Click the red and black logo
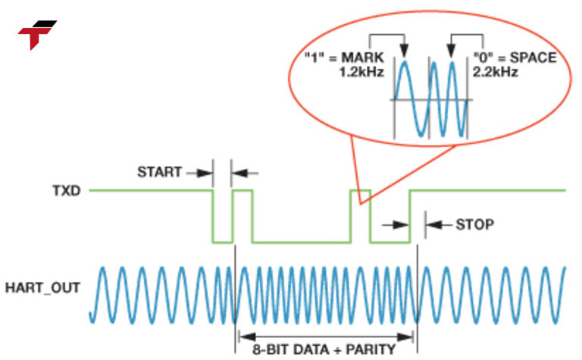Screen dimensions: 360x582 click(36, 34)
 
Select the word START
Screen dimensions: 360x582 click(159, 172)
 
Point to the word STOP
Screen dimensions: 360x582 click(475, 224)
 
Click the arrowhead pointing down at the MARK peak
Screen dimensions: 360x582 click(405, 52)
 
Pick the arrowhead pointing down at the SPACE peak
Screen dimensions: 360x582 click(451, 52)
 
